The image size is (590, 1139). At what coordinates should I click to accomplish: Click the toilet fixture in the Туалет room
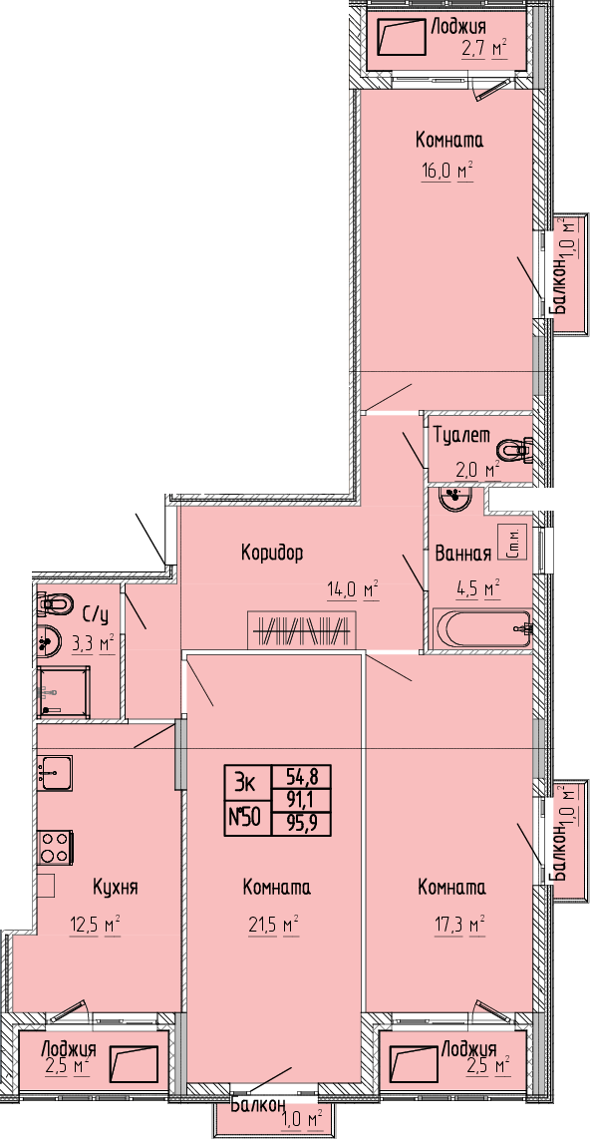point(519,451)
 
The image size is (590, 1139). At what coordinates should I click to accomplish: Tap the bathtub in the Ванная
point(482,628)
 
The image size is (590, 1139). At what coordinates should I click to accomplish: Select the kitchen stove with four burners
point(55,846)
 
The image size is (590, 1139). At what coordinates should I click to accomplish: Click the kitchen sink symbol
point(55,772)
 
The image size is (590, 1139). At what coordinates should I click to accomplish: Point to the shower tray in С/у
point(65,691)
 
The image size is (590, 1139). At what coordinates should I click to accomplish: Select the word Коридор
point(272,554)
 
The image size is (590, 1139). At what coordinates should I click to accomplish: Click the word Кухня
point(116,887)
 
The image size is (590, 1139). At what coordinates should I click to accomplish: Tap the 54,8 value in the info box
point(300,777)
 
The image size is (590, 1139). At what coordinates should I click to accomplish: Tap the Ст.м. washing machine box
point(512,542)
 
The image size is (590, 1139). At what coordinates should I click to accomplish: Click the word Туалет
point(461,435)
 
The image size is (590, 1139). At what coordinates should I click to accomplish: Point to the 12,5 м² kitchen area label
point(95,927)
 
